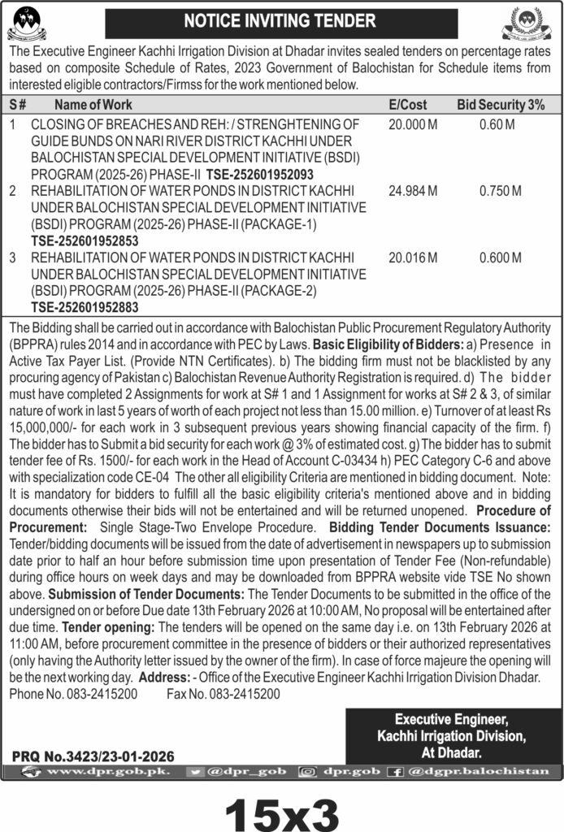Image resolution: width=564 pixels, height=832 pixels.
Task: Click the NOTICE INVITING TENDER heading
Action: coord(281,20)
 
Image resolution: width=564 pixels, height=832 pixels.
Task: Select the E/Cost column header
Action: coord(407,104)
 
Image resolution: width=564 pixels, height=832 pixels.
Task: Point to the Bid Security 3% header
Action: coord(500,104)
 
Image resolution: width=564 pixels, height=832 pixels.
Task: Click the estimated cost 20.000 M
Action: coord(413,125)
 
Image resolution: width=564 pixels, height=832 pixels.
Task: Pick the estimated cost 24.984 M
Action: coord(413,191)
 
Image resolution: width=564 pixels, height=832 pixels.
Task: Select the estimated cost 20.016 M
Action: coord(413,258)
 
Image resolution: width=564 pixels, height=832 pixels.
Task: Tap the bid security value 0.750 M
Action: coord(500,191)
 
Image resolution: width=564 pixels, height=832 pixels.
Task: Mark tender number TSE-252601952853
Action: coord(85,240)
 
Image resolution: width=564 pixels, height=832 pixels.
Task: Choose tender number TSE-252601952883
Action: coord(85,307)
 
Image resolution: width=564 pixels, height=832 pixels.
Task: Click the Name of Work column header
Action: coord(93,104)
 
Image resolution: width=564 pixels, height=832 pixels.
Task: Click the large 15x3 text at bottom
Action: coord(281,809)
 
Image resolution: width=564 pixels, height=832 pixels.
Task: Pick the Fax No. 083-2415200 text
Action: coord(223,695)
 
